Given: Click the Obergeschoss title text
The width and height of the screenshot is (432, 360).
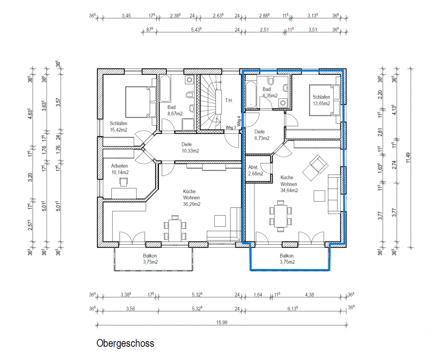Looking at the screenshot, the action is coord(125,343).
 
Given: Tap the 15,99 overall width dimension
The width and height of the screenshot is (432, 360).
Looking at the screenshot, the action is coord(222,322).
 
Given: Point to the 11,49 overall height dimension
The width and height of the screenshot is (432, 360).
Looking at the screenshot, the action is coord(408,158).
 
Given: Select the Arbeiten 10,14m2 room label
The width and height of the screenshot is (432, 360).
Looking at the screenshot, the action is coord(120,169).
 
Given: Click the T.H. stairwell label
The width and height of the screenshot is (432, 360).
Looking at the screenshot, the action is coord(229,101).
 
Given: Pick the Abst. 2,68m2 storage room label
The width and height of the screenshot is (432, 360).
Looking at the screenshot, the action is coord(256,170).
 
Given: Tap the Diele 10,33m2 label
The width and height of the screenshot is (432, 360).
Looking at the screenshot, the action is coord(190,148).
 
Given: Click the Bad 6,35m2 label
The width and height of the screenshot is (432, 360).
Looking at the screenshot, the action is coord(270,92).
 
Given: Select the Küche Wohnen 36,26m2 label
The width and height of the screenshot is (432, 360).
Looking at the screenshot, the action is coord(191,198).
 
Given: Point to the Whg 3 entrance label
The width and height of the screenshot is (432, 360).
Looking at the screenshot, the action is coord(231,128).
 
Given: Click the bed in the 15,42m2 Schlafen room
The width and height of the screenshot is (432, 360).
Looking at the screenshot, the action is coord(141,102).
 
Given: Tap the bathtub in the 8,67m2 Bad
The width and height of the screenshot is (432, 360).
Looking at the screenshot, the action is coord(165,89).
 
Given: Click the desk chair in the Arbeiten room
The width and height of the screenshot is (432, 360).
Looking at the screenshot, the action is coord(123,182).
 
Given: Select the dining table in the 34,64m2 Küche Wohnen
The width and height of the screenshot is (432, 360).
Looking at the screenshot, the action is coord(281,216).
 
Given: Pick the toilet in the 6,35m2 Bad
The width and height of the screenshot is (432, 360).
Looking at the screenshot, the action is coord(271,81).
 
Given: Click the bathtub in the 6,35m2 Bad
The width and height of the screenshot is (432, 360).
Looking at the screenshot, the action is coord(251,95).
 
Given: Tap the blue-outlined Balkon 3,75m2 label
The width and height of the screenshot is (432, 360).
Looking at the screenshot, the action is coord(287,259).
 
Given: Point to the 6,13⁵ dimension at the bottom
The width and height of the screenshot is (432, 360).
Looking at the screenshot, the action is coord(293,309).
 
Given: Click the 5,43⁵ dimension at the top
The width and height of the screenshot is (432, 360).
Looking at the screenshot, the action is coord(196,30).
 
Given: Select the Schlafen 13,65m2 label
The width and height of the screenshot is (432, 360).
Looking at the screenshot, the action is coord(321,100).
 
